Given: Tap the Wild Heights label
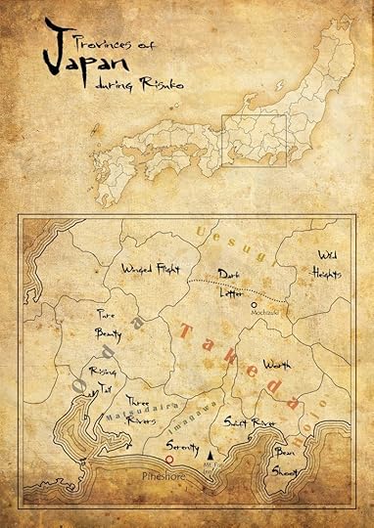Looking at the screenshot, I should click(325, 264).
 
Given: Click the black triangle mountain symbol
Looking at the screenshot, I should click(210, 456).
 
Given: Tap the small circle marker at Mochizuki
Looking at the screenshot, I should click(254, 306).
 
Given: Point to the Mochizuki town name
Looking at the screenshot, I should click(264, 315).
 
